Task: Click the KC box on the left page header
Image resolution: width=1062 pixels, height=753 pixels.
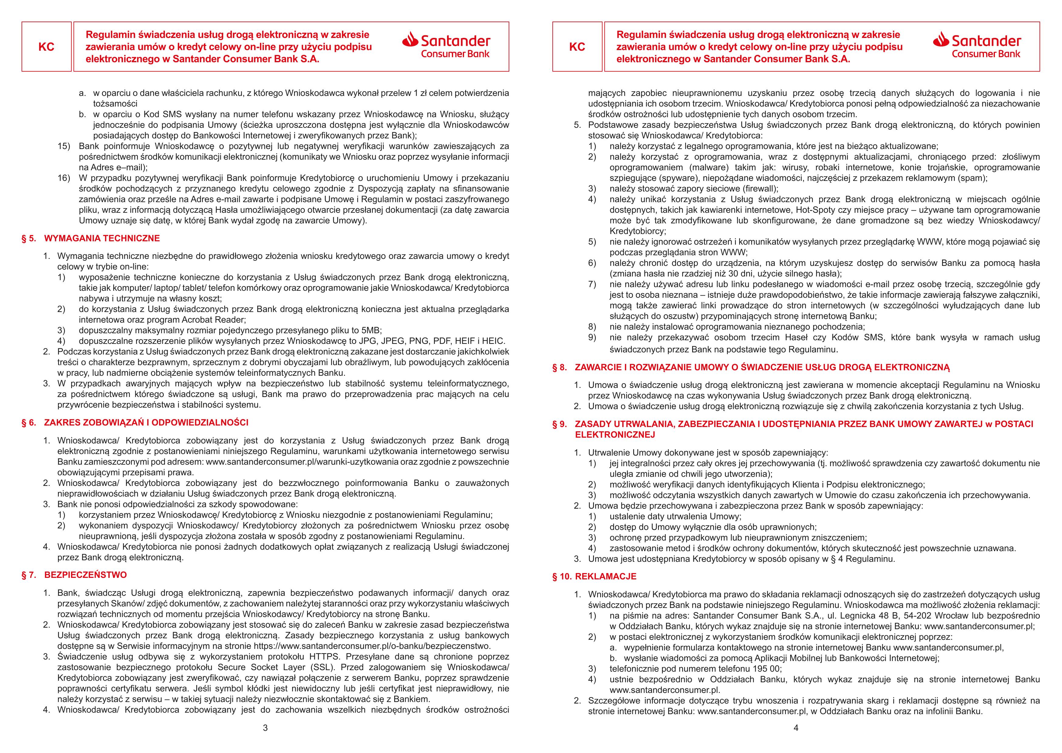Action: point(46,47)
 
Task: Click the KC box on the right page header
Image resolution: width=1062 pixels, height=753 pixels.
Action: point(577,47)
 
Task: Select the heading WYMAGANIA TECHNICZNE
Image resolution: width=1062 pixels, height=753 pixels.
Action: point(102,238)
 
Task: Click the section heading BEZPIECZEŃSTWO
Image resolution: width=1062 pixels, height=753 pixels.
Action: point(85,575)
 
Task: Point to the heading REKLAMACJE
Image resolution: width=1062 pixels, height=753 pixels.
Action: point(606,576)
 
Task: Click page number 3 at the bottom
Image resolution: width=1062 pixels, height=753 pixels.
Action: point(265,728)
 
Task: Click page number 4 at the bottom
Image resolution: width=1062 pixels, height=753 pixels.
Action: point(796,728)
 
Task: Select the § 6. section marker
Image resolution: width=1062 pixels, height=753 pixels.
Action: point(29,422)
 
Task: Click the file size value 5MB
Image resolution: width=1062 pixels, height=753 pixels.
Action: point(370,331)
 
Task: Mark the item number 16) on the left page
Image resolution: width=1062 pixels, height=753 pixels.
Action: point(63,178)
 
